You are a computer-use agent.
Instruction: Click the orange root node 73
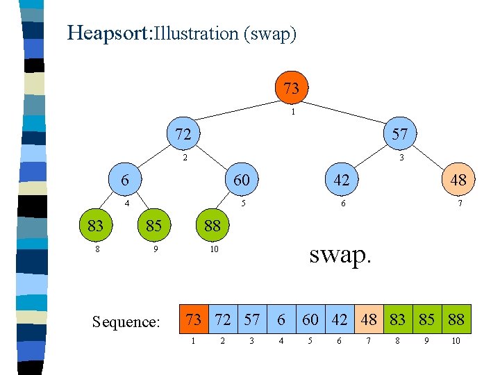[x=292, y=87]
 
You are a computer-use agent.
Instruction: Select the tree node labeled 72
[x=183, y=134]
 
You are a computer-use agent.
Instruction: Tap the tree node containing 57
[x=400, y=134]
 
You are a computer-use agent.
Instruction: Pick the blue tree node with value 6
[x=124, y=180]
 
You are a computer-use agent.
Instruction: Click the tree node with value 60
[x=242, y=180]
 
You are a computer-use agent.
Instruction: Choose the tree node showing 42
[x=342, y=180]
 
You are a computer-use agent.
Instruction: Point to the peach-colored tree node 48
[x=458, y=180]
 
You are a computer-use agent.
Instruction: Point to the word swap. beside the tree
[x=340, y=254]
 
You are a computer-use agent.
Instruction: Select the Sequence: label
[x=126, y=322]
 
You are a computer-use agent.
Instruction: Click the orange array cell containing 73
[x=193, y=320]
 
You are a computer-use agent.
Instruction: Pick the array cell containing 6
[x=281, y=320]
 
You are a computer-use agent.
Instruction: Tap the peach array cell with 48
[x=368, y=320]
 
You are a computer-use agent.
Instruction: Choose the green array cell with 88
[x=456, y=320]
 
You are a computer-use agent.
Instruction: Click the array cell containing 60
[x=310, y=320]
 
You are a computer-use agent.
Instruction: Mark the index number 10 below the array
[x=456, y=342]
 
